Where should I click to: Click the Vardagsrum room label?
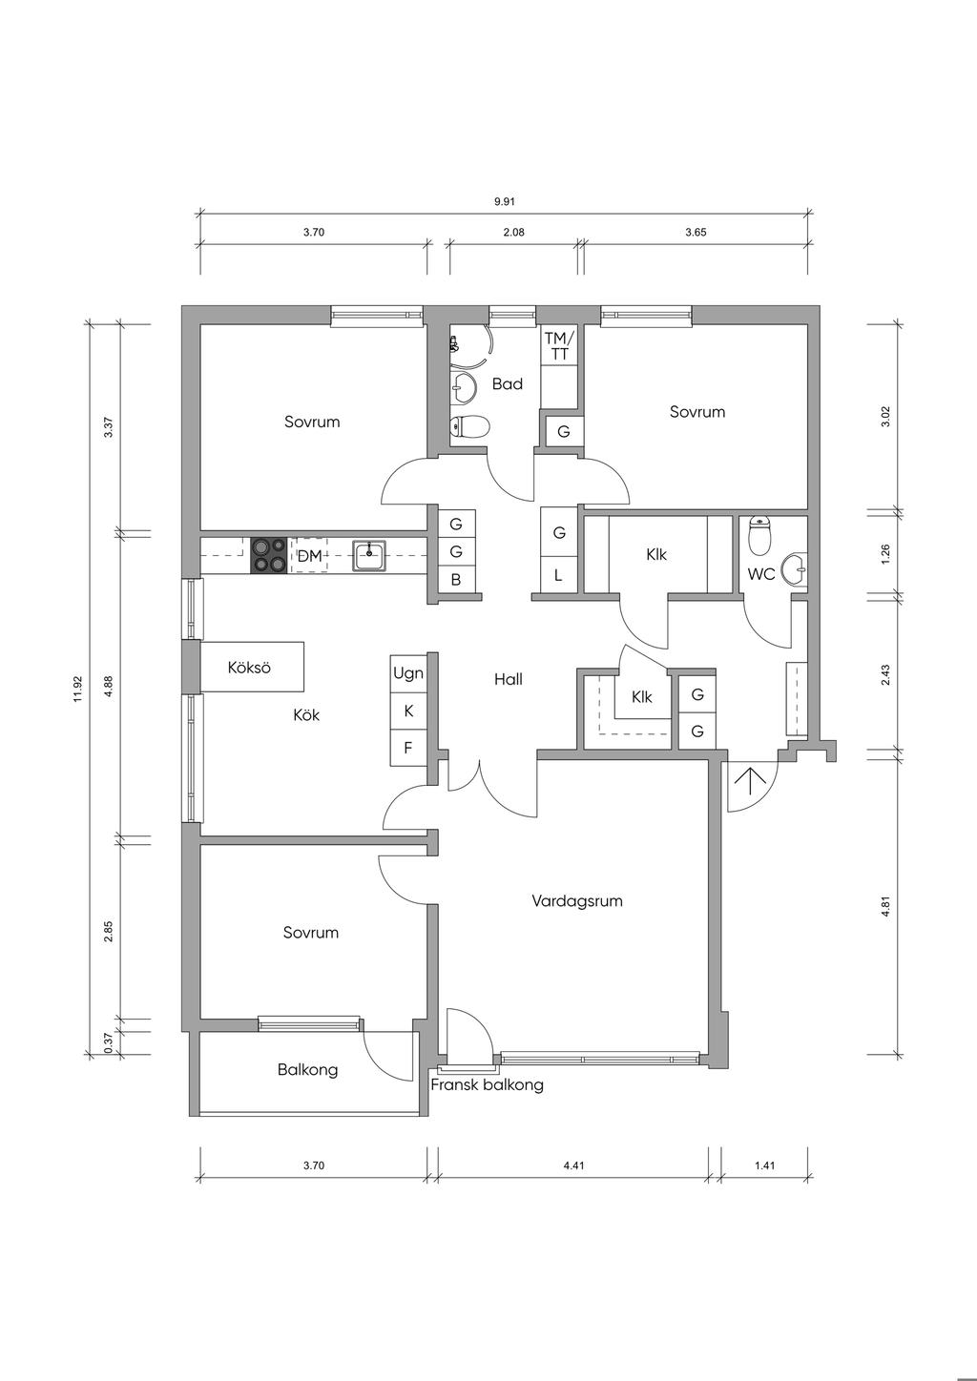pos(577,900)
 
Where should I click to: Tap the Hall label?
pos(509,680)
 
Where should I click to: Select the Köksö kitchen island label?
pos(249,668)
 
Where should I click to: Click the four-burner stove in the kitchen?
pos(269,555)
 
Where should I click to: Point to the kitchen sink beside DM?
pos(369,554)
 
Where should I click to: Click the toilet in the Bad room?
pos(470,426)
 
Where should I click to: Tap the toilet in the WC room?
pos(759,538)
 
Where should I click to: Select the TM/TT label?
pos(559,346)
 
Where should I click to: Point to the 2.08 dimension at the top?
pos(513,232)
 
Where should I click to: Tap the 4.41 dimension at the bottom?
pos(573,1165)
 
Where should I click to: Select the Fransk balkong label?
pos(487,1085)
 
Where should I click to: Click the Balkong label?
pos(307,1070)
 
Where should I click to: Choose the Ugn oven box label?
pos(408,674)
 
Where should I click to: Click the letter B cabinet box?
pos(456,580)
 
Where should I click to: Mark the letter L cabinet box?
pos(559,576)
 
